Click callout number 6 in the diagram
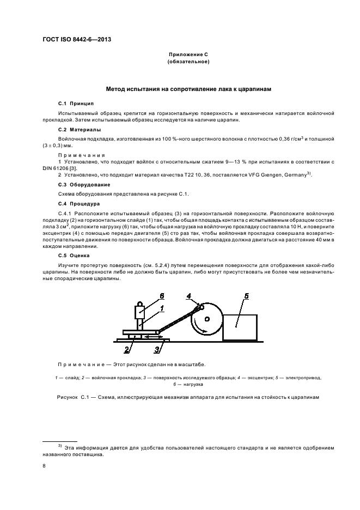(162, 296)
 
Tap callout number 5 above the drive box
(246, 296)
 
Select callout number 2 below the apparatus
(127, 349)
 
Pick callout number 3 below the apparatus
(157, 349)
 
